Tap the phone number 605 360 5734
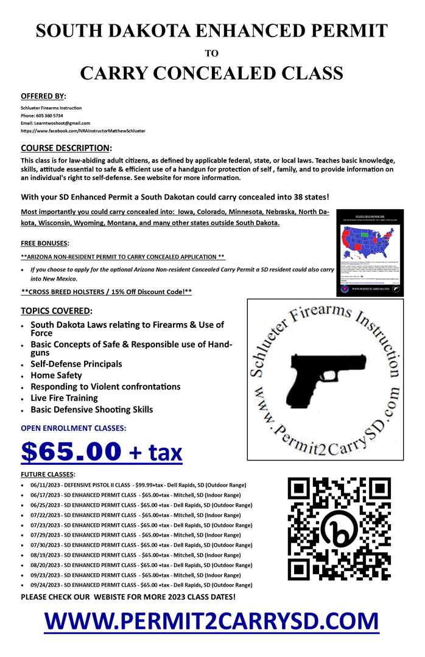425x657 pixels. click(x=51, y=115)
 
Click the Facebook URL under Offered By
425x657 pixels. click(x=83, y=131)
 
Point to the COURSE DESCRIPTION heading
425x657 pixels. click(x=66, y=148)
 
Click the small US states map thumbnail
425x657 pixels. click(x=370, y=251)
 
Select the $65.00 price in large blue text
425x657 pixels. click(x=72, y=451)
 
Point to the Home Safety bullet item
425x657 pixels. click(x=56, y=375)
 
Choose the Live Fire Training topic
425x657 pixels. click(x=64, y=398)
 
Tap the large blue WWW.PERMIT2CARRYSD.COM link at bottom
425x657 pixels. click(x=211, y=620)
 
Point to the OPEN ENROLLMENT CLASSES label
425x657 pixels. click(x=74, y=428)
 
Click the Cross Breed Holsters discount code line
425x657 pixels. click(x=106, y=292)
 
